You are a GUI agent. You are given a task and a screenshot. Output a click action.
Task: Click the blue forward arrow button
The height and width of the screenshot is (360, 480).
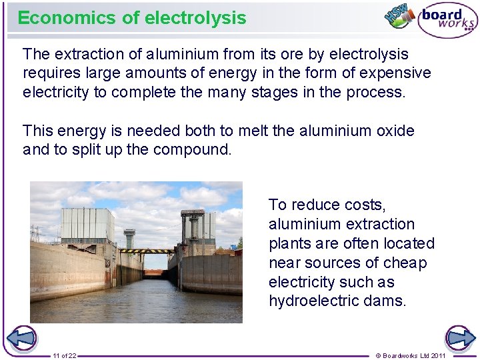point(460,338)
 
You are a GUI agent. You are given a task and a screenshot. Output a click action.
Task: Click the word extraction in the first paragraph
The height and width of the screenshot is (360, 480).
point(89,54)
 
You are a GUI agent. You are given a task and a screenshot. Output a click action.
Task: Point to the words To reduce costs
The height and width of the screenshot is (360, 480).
point(327,205)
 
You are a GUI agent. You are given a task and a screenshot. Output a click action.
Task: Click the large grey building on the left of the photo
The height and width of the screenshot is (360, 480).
point(87,225)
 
